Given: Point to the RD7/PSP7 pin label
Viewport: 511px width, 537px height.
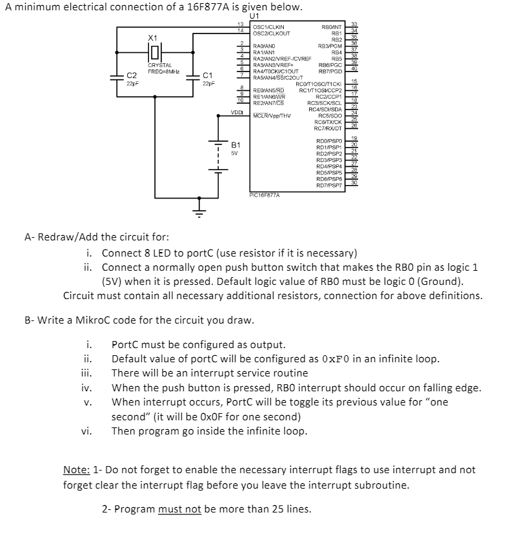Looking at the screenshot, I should click(x=329, y=186).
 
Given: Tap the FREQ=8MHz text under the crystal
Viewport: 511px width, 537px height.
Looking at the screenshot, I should click(x=164, y=70).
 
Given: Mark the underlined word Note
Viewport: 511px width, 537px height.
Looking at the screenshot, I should click(x=75, y=469).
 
